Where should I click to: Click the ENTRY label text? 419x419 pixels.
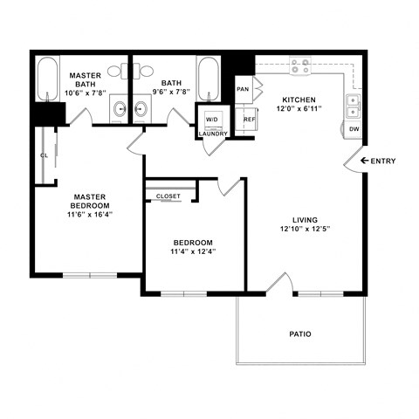[x=383, y=161]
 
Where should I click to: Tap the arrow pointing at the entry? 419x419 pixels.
[x=355, y=161]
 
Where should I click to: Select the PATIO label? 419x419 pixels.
[x=300, y=334]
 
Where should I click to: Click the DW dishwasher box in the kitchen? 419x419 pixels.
[x=354, y=129]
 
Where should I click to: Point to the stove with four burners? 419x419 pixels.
[x=301, y=64]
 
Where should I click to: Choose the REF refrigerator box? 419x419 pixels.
[x=249, y=120]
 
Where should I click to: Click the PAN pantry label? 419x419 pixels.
[x=244, y=88]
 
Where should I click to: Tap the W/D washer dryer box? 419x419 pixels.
[x=212, y=119]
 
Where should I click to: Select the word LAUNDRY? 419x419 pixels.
[x=212, y=134]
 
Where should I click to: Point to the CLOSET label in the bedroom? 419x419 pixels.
[x=168, y=196]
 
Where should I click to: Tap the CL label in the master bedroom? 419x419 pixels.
[x=44, y=156]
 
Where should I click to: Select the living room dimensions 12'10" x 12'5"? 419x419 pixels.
[x=305, y=230]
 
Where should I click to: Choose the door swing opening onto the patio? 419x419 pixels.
[x=279, y=283]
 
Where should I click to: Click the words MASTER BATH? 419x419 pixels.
[x=86, y=81]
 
